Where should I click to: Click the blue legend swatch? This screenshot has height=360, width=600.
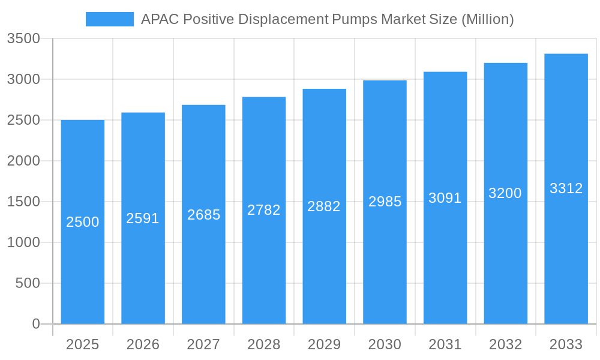pyautogui.click(x=110, y=19)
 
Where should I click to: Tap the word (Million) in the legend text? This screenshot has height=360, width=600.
pyautogui.click(x=487, y=19)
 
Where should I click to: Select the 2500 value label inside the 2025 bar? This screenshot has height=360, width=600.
pyautogui.click(x=83, y=222)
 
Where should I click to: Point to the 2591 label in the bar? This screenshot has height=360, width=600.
pyautogui.click(x=143, y=218)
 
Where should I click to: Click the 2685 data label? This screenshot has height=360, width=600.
pyautogui.click(x=204, y=215)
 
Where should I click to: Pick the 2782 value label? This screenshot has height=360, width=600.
pyautogui.click(x=264, y=210)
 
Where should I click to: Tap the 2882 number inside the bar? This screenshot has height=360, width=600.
pyautogui.click(x=324, y=206)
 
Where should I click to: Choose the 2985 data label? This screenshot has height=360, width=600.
pyautogui.click(x=385, y=202)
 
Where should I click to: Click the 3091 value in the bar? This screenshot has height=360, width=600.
pyautogui.click(x=445, y=198)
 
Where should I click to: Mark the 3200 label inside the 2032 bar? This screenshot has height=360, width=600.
pyautogui.click(x=505, y=193)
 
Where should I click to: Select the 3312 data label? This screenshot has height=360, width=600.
pyautogui.click(x=566, y=188)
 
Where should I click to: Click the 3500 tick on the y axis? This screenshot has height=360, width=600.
pyautogui.click(x=23, y=38)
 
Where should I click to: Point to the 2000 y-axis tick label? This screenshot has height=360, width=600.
pyautogui.click(x=23, y=161)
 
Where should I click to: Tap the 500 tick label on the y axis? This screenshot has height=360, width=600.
pyautogui.click(x=28, y=283)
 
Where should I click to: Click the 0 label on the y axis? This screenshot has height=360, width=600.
pyautogui.click(x=36, y=324)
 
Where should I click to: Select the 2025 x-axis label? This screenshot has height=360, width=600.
pyautogui.click(x=83, y=344)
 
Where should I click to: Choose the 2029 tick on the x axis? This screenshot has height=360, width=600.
pyautogui.click(x=324, y=344)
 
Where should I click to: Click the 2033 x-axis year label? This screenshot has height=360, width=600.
pyautogui.click(x=566, y=344)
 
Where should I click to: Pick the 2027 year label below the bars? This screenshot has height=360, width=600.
pyautogui.click(x=204, y=344)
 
